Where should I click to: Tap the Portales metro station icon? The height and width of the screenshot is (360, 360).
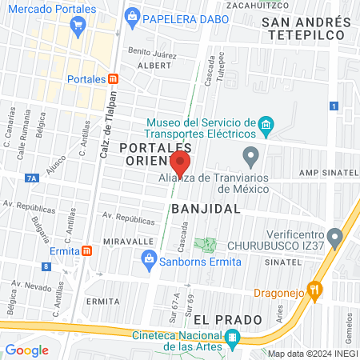point(114,79)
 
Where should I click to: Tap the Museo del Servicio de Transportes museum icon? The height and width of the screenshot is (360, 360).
point(266,124)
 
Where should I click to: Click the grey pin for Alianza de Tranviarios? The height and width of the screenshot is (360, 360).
point(251,154)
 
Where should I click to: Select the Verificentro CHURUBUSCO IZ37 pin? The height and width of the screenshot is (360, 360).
point(336,237)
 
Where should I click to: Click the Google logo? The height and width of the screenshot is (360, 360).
point(27,350)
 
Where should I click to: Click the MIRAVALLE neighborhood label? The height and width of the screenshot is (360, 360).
point(128,241)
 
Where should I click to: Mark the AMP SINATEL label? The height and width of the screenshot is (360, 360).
point(326,173)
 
